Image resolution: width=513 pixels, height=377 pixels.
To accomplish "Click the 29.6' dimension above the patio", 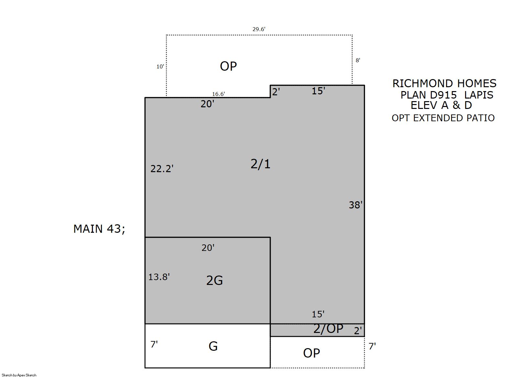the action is [x=259, y=29].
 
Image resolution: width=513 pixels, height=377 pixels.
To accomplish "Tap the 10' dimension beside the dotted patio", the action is [x=160, y=66].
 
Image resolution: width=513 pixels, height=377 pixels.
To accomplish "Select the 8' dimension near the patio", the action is [x=358, y=60].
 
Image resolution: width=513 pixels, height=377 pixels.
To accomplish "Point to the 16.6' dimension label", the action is [x=218, y=94].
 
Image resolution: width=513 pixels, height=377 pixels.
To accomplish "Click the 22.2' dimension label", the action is [x=162, y=169].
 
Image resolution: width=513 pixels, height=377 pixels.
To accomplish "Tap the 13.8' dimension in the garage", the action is [x=159, y=277].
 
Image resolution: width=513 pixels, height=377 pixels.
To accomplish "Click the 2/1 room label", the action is [x=261, y=164].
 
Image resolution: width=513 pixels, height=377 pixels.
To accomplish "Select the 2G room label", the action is [x=214, y=280].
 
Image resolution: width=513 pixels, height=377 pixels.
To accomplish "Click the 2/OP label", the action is [x=328, y=328].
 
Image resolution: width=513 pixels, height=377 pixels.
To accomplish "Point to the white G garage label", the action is [x=213, y=346].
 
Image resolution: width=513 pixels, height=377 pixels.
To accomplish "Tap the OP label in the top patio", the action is [x=228, y=66].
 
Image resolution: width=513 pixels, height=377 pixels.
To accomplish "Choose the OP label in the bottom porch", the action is [x=311, y=353].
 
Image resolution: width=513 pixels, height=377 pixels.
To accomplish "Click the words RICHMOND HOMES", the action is [x=444, y=84].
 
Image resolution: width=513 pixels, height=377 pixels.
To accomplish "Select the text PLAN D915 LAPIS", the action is [x=447, y=95].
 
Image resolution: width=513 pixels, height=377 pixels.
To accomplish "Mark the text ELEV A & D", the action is [x=441, y=105].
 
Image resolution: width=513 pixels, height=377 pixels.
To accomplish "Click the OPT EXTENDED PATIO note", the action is [x=443, y=118].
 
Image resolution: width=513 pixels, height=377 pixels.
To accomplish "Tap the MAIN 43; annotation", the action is [x=99, y=229].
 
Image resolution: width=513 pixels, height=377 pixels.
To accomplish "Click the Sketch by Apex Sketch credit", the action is [x=19, y=375].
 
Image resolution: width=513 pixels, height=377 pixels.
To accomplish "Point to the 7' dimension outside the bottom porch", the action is [x=372, y=346].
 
